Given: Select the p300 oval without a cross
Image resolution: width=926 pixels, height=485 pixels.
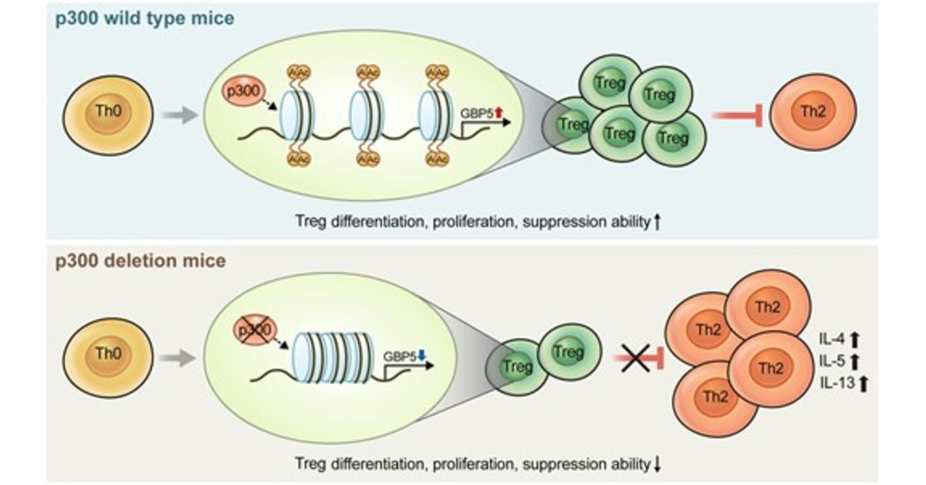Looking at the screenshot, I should tap(241, 90).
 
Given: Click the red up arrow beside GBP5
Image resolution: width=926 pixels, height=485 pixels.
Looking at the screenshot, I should tap(498, 113).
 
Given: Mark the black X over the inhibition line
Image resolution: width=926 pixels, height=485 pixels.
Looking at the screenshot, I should tap(637, 357).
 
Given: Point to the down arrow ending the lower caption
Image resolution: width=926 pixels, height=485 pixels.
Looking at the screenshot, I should tap(657, 464).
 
